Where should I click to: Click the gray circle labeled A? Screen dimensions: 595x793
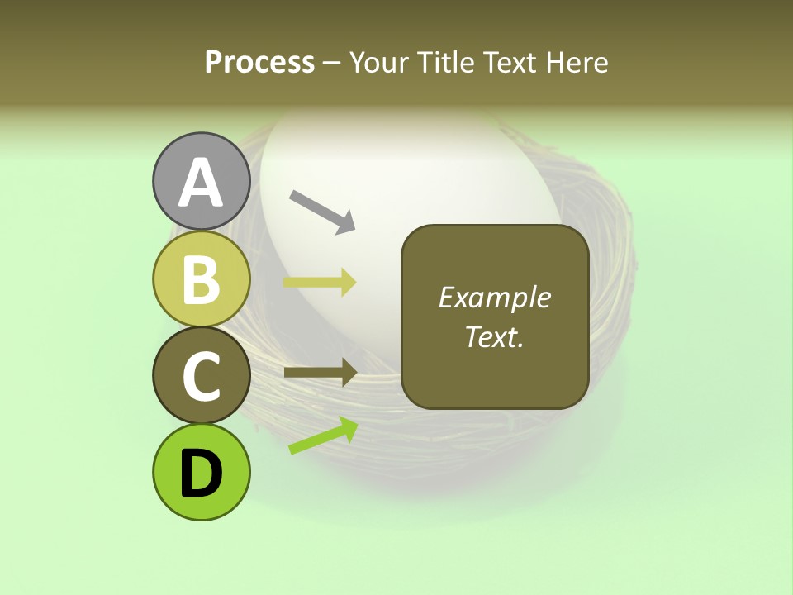pos(201,181)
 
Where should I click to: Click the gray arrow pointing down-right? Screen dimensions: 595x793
pos(322,211)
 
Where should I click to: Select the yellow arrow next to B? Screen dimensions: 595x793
pos(321,283)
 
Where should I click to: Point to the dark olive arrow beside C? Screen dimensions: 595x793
pos(321,372)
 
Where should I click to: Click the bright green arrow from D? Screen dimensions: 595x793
pos(323,436)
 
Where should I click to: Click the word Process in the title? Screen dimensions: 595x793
pos(259,62)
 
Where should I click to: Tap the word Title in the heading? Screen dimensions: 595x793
pos(443,62)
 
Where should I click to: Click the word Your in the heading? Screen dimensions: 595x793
pos(379,62)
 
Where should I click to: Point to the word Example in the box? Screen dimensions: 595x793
pos(494,297)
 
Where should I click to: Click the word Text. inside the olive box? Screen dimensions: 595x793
pos(494,336)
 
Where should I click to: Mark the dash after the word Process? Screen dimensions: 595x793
pos(331,63)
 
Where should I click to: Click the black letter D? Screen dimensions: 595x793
pos(201,474)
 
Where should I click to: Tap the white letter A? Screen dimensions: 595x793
pos(201,183)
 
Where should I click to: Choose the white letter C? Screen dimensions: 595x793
pos(201,377)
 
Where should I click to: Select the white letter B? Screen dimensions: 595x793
pos(201,279)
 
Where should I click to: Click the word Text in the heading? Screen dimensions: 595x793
pos(510,62)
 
